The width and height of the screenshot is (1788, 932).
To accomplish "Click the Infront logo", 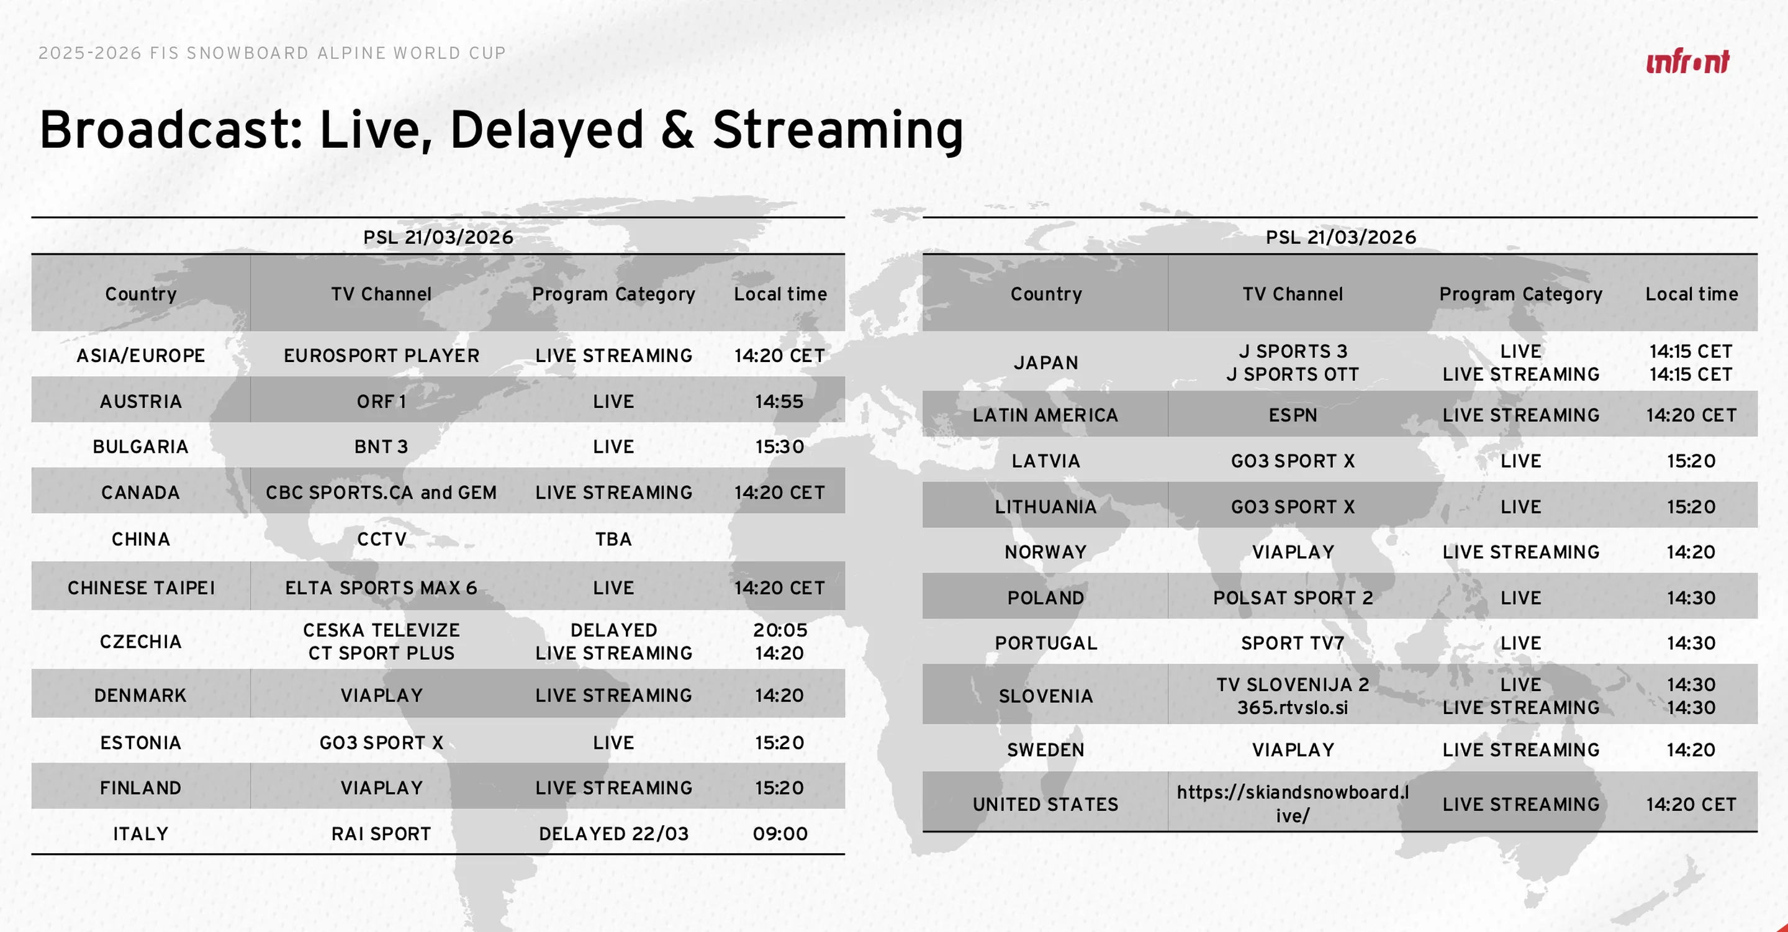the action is point(1687,61).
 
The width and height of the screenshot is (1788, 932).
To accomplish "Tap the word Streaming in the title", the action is point(838,130).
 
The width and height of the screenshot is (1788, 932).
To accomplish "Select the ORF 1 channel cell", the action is point(381,401).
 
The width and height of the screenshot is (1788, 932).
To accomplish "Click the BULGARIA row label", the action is point(141,446).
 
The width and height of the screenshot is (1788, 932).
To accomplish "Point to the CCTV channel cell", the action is point(381,539).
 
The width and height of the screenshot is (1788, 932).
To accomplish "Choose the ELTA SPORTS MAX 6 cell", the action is point(381,588).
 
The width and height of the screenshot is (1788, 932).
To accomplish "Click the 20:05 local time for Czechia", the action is point(780,630).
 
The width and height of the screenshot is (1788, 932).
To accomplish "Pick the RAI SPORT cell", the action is point(381,833).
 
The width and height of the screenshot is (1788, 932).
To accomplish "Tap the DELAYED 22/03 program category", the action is point(613,833).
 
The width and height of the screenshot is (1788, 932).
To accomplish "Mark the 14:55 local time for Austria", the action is point(780,401).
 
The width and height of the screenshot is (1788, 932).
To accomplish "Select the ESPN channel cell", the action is point(1293,415).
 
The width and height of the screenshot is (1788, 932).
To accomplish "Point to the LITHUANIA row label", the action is point(1045,507).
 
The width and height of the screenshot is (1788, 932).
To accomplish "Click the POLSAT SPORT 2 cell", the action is point(1293,597).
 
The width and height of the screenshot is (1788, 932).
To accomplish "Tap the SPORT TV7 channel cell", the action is point(1293,643).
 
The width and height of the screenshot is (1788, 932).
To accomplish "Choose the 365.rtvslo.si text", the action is point(1293,708).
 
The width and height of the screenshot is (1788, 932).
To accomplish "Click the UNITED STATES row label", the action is point(1045,804).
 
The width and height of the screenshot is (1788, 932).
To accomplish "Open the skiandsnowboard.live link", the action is point(1293,803).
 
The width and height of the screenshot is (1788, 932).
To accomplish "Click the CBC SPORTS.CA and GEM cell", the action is point(381,493).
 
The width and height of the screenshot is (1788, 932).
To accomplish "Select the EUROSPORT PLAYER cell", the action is point(381,355).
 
